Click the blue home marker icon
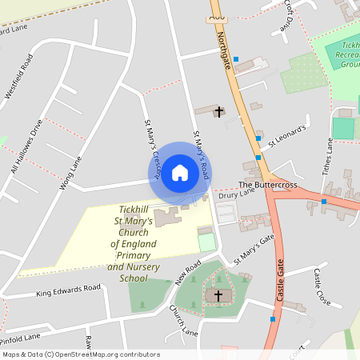(x=180, y=173)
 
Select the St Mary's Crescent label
(x=153, y=148)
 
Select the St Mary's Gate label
(x=254, y=248)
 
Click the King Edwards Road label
(x=69, y=290)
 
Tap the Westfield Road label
(x=19, y=77)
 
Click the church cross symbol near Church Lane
(x=217, y=296)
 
